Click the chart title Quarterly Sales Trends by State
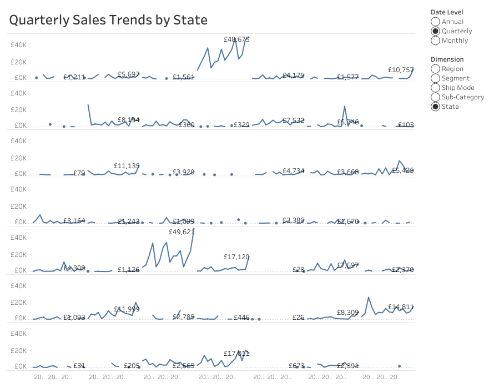click(108, 21)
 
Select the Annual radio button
click(436, 22)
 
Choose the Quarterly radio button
click(436, 31)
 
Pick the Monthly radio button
click(436, 41)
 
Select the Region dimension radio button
click(436, 69)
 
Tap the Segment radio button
click(436, 78)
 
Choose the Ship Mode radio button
click(436, 88)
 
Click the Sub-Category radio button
click(436, 97)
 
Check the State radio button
click(436, 107)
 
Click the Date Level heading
click(447, 12)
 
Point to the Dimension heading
click(447, 59)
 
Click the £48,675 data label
click(236, 39)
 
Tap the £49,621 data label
click(182, 232)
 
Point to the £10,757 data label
click(401, 70)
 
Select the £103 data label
click(406, 125)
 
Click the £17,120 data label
click(236, 257)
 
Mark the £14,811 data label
click(401, 307)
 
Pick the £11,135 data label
click(127, 166)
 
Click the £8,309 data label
click(348, 313)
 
